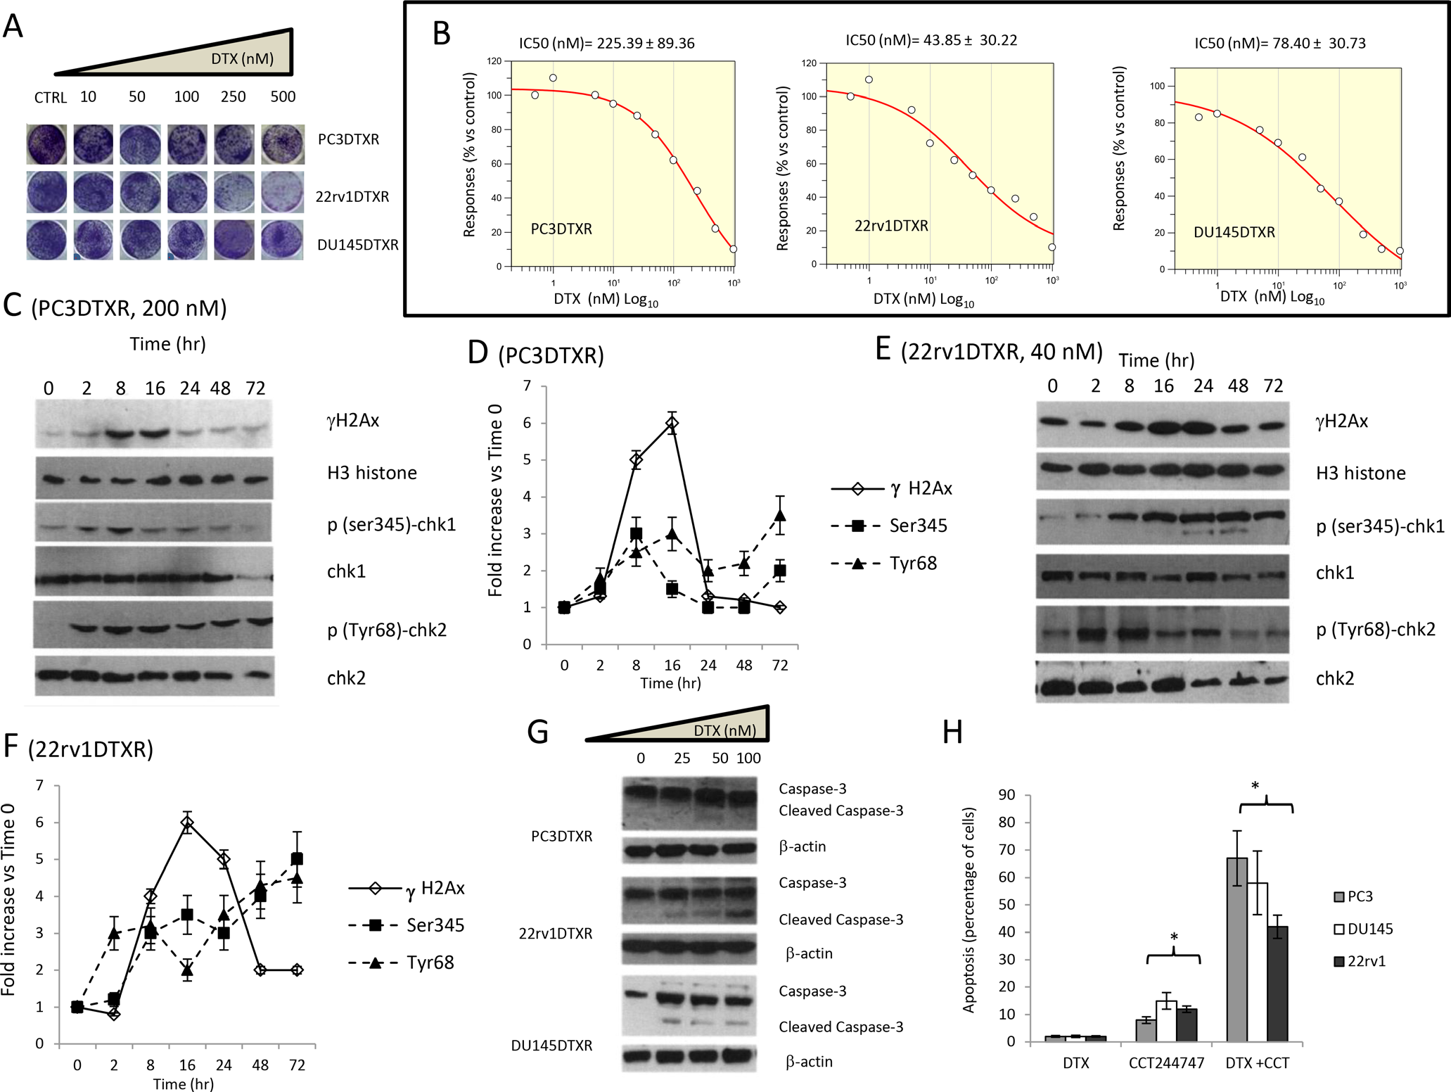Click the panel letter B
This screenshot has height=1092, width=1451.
442,34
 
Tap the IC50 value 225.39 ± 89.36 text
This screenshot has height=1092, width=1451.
606,44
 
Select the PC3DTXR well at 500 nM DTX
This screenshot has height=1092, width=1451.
283,144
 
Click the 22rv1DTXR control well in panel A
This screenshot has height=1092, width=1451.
46,192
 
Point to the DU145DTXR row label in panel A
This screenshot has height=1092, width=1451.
357,245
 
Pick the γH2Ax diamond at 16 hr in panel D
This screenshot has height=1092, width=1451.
672,423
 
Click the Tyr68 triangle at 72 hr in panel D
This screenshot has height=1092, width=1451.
779,516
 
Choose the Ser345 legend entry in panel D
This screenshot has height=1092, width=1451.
889,526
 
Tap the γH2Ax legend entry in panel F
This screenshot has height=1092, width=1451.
407,889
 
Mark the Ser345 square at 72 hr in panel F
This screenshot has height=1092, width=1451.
297,859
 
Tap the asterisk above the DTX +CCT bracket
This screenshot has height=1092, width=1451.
1255,787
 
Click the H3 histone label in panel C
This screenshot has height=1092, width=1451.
372,473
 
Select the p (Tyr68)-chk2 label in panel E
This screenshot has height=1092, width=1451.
1375,630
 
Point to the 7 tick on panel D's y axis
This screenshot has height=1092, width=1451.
527,386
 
